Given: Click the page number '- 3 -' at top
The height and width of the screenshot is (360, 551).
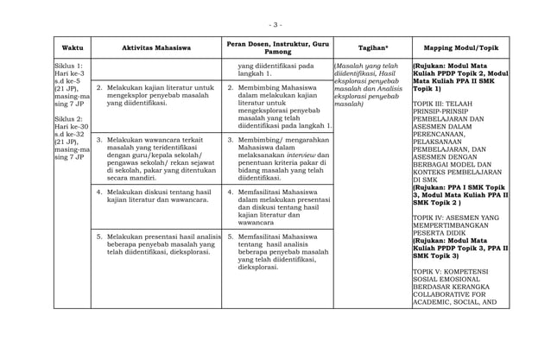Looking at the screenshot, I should point(275,24).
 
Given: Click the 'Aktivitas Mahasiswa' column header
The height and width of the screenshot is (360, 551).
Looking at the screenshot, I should point(156,47).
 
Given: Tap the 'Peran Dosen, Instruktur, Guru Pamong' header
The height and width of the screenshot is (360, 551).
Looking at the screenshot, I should point(276,47).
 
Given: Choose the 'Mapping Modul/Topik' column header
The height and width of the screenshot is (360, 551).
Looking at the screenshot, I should point(460,47).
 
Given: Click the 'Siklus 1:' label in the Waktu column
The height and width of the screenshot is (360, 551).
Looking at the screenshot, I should point(67,66).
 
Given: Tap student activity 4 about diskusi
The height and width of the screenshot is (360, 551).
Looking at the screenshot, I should point(155,195).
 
